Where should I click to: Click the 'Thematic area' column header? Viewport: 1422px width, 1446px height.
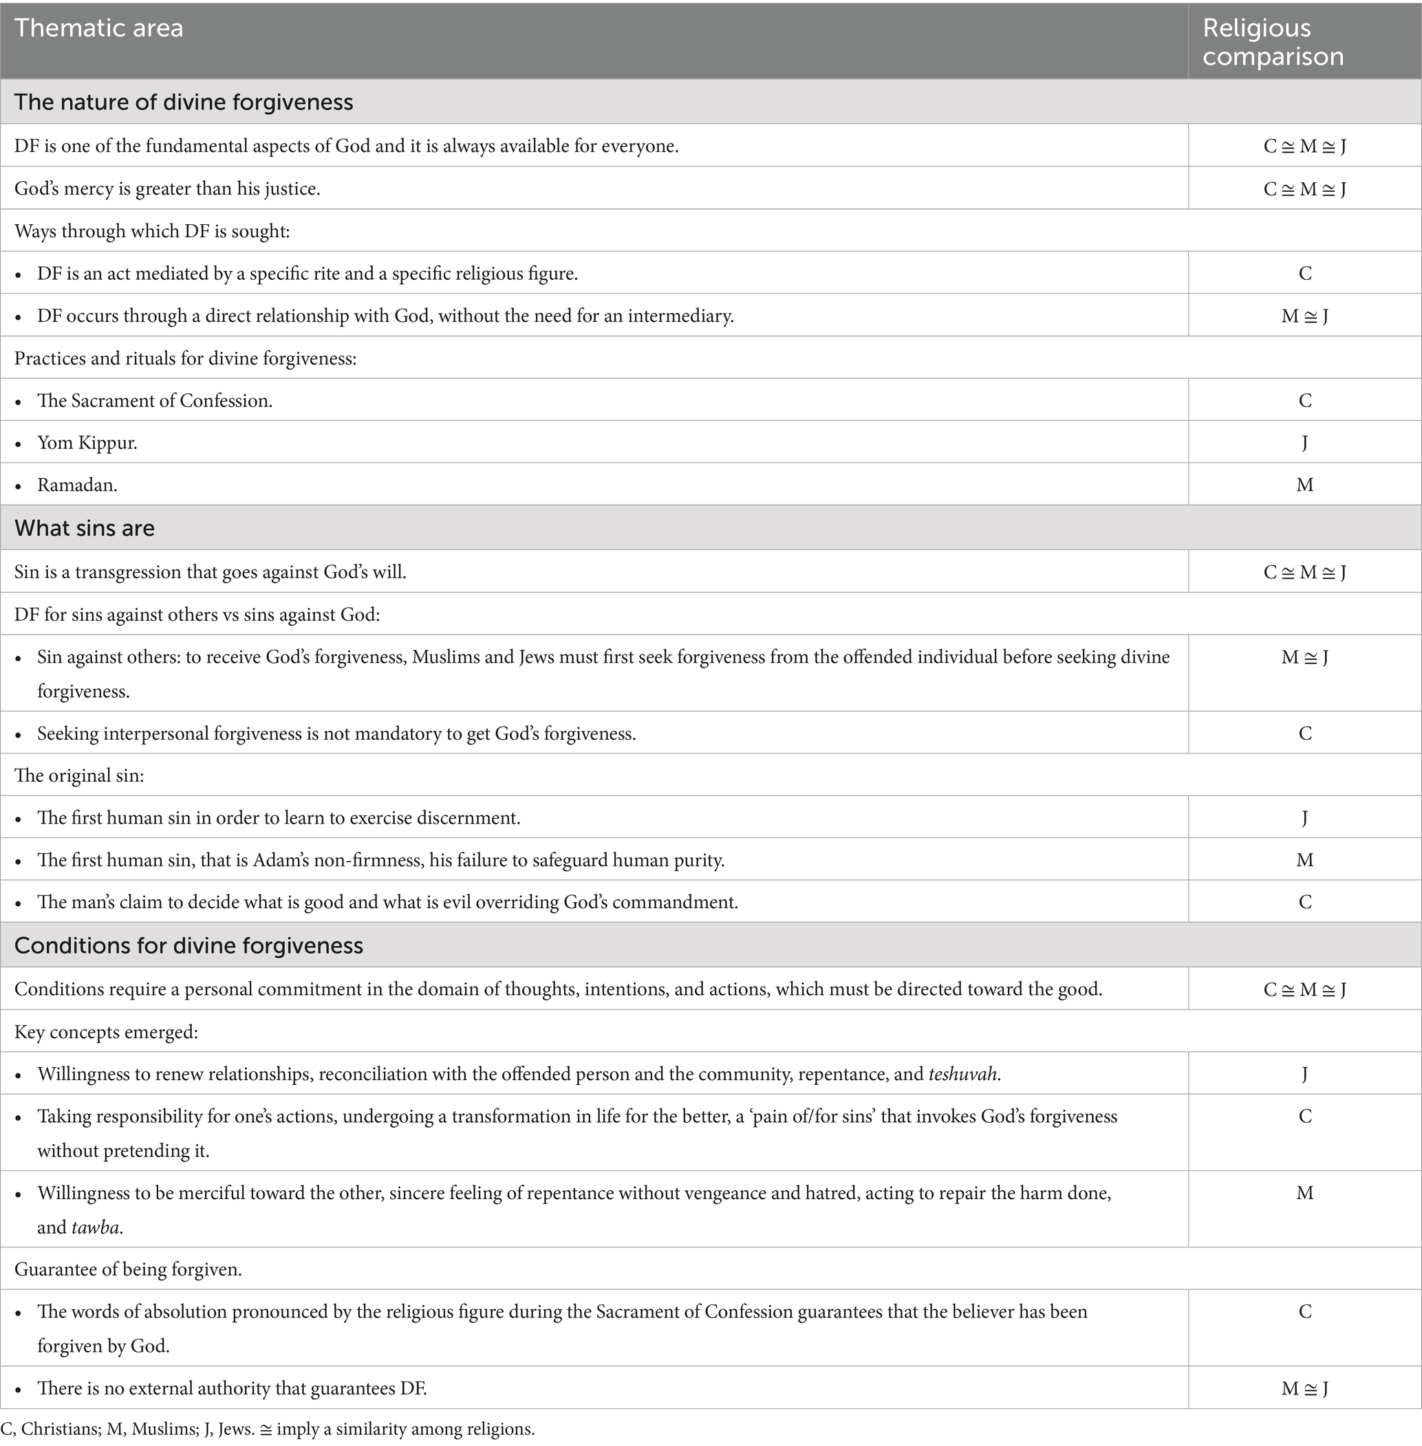coord(98,28)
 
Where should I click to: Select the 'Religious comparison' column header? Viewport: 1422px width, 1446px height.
coord(1273,42)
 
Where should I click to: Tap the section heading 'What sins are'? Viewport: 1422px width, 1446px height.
coord(85,528)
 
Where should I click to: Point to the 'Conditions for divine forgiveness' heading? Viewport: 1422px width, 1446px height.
coord(188,945)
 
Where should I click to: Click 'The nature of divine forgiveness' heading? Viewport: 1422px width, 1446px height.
coord(183,102)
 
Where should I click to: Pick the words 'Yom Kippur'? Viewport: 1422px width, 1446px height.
coord(87,443)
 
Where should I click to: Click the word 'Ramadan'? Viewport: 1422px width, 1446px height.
coord(77,485)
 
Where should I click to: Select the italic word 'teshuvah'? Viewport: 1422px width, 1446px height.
coord(962,1074)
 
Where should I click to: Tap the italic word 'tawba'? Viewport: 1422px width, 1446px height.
coord(96,1227)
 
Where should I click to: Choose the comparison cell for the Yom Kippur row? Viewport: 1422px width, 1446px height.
coord(1304,443)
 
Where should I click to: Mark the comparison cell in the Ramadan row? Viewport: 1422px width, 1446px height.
coord(1304,485)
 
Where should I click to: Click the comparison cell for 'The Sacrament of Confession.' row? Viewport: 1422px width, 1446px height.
coord(1304,401)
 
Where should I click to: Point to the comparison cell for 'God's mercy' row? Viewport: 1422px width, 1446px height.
coord(1304,189)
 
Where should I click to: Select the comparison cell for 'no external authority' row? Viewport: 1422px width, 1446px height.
coord(1304,1388)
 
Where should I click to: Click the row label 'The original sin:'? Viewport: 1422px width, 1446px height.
coord(79,776)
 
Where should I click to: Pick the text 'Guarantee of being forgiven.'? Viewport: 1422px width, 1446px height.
coord(128,1269)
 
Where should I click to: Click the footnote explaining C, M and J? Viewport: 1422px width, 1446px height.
coord(268,1429)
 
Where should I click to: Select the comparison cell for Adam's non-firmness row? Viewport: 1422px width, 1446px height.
coord(1304,860)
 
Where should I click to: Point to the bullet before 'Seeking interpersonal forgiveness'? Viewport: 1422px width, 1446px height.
coord(19,734)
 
